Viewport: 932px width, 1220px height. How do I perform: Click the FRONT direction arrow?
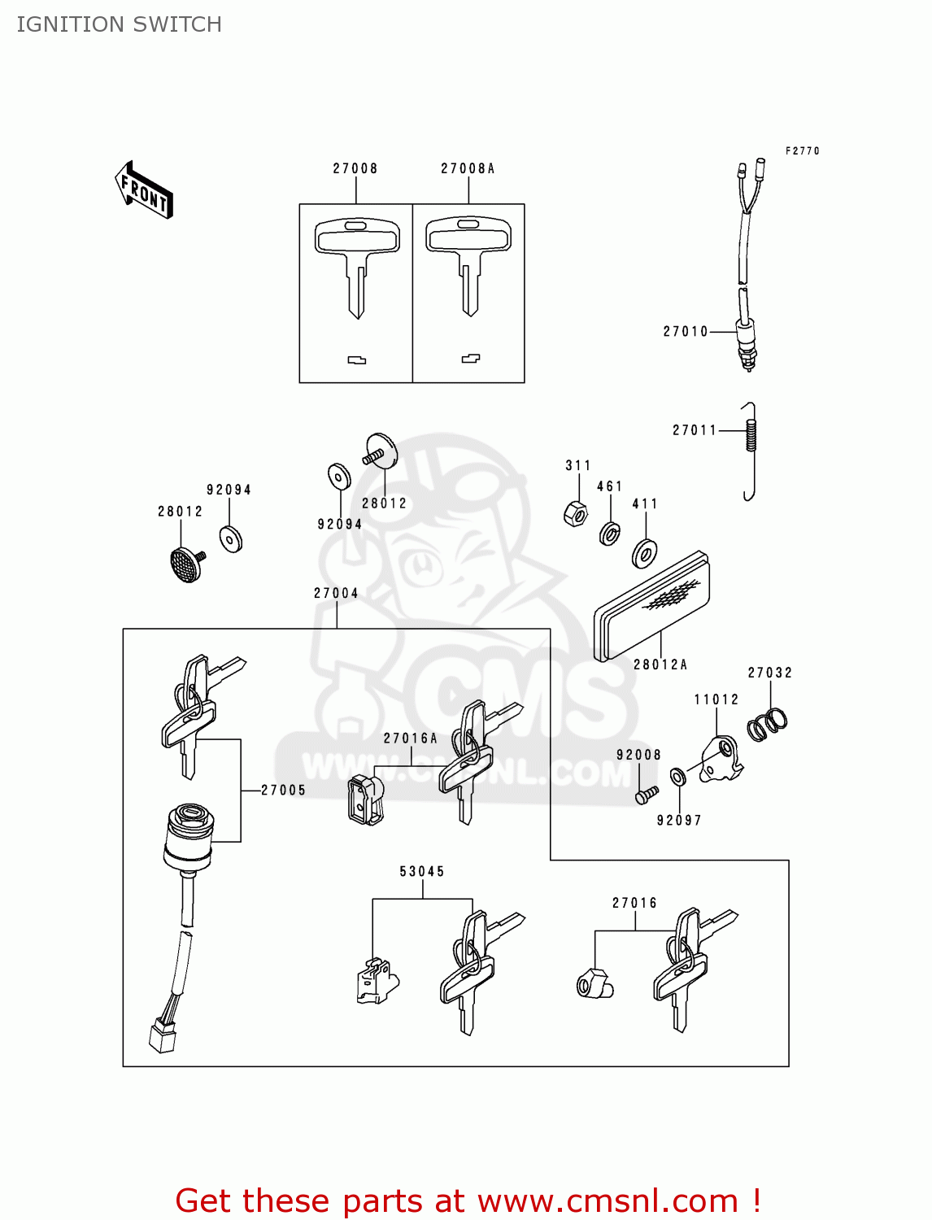click(144, 190)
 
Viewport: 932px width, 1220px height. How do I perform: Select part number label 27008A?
click(468, 168)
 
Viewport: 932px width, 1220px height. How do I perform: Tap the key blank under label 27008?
click(356, 260)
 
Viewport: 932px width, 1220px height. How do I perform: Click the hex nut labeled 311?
click(575, 514)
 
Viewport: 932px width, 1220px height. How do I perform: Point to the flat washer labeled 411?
click(645, 553)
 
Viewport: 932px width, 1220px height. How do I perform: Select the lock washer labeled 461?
click(609, 534)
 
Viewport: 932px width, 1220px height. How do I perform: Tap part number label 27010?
click(686, 331)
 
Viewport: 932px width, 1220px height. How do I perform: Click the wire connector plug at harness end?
click(162, 1037)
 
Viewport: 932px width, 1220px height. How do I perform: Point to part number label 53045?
click(422, 871)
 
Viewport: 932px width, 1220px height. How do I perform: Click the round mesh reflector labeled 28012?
click(185, 564)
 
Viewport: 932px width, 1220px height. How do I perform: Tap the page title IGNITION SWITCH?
click(120, 24)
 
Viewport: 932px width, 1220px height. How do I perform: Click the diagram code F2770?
click(802, 150)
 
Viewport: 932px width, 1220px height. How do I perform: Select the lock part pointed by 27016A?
click(365, 799)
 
